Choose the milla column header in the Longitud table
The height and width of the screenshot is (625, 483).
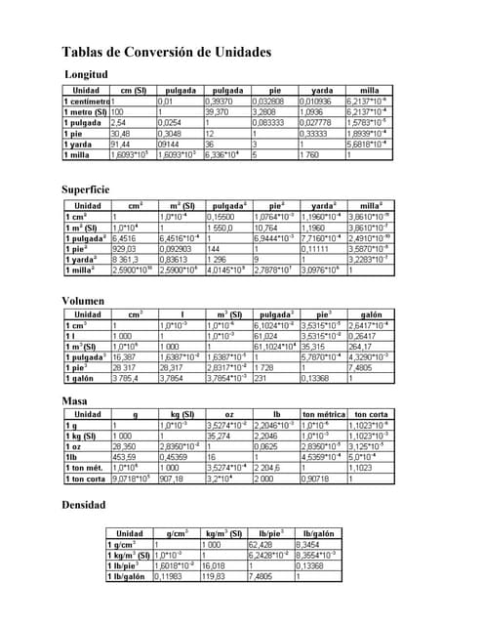[370, 90]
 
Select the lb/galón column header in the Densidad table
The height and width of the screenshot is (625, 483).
[320, 533]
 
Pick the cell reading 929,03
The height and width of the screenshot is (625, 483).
[127, 249]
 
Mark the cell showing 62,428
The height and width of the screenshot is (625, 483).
[261, 544]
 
